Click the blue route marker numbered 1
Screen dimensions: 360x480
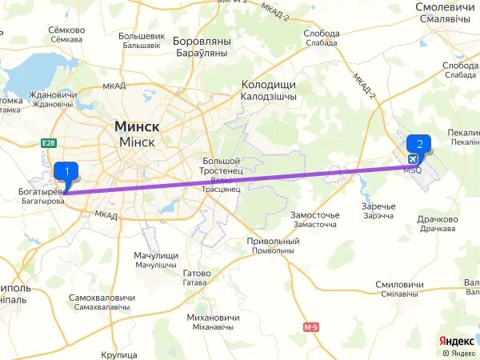pos(66,171)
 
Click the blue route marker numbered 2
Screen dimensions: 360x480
pos(419,144)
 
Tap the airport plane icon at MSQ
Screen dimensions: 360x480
pos(412,158)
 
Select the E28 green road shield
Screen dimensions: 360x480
pos(48,142)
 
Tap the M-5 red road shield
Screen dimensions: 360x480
pos(311,327)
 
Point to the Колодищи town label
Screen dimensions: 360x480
pos(269,84)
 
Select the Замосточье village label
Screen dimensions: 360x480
pos(314,215)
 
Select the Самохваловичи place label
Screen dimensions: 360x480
pos(99,298)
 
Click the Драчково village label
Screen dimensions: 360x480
pos(438,219)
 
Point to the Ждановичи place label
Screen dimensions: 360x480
pos(51,94)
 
